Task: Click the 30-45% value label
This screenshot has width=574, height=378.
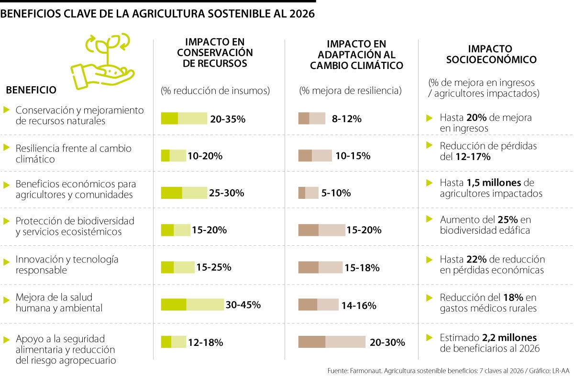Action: [243, 305]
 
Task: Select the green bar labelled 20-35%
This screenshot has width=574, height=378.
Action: [184, 118]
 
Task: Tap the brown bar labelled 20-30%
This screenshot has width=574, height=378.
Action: [331, 342]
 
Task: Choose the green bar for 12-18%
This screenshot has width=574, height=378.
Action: [173, 342]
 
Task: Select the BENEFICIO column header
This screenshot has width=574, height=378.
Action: [31, 90]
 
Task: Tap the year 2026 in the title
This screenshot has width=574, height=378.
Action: [301, 14]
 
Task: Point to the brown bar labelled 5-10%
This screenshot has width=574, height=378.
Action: [308, 193]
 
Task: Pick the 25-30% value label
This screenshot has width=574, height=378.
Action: [227, 193]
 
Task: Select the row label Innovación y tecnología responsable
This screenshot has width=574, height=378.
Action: [67, 264]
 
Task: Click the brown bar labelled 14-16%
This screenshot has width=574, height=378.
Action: [318, 305]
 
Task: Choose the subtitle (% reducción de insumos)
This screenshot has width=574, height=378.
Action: [215, 90]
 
